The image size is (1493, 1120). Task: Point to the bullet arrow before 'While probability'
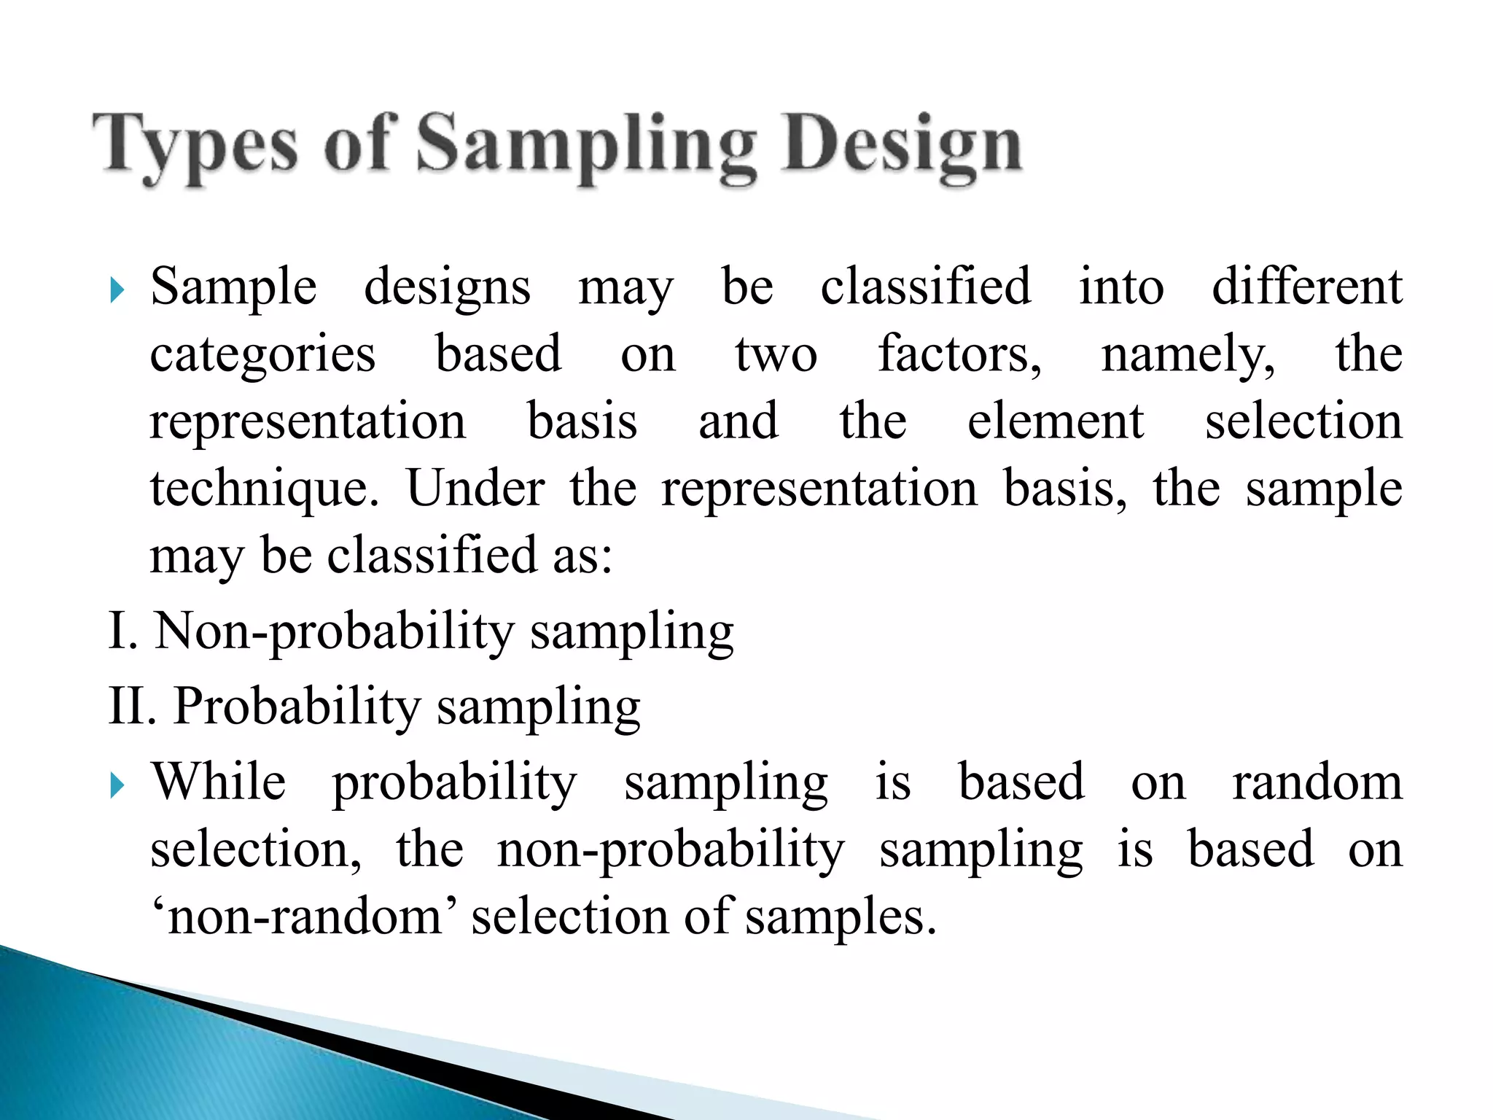tap(117, 785)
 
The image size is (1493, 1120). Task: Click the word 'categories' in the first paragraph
tap(262, 355)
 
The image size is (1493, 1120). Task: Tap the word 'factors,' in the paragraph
tap(959, 355)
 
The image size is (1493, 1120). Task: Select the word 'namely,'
tap(1188, 355)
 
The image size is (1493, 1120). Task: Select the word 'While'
tap(219, 782)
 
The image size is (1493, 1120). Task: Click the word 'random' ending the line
tap(1317, 782)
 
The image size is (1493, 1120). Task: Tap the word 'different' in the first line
tap(1306, 287)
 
